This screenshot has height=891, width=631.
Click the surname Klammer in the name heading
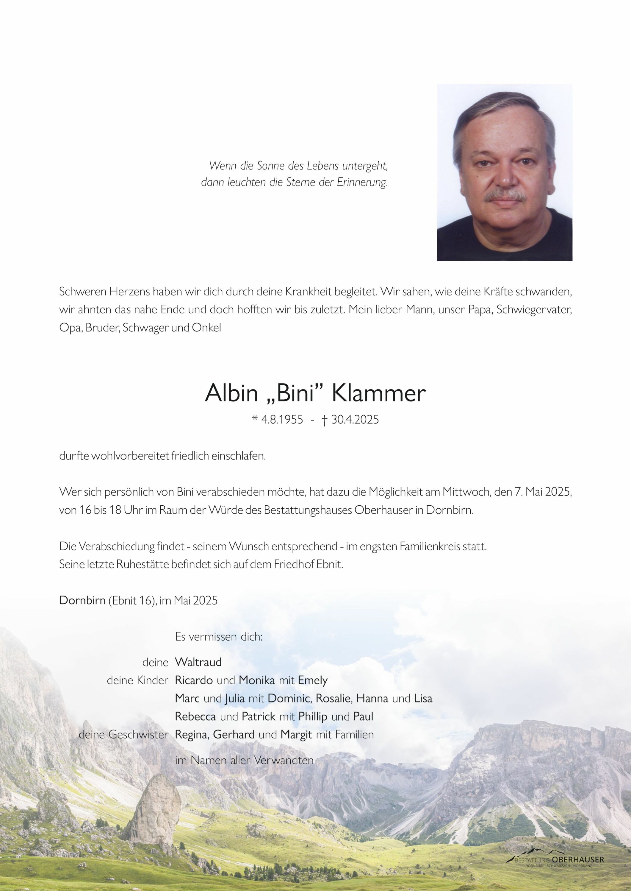[x=379, y=394]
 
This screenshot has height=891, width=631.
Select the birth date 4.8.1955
[x=282, y=420]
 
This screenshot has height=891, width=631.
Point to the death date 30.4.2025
[x=355, y=420]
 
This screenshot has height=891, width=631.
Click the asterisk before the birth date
[x=255, y=419]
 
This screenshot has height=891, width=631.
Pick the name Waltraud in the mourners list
[x=198, y=662]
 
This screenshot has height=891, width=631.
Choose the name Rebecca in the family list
[x=196, y=716]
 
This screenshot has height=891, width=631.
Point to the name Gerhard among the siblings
[x=234, y=735]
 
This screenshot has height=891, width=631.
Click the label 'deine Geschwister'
[x=123, y=735]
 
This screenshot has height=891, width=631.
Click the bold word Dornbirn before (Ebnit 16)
[x=82, y=600]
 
